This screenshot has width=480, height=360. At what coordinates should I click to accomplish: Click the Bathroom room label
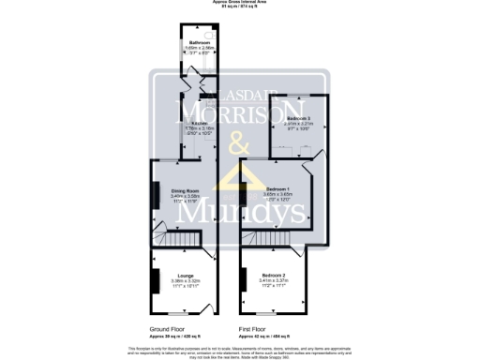[x=199, y=43]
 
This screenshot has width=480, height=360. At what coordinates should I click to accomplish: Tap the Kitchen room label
[x=199, y=123]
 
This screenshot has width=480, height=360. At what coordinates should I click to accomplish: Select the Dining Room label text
[x=185, y=191]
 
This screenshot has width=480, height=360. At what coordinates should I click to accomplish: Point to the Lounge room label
[x=185, y=275]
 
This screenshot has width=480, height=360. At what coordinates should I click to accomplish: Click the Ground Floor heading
[x=172, y=329]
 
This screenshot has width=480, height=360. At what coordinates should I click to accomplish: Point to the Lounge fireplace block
[x=156, y=281]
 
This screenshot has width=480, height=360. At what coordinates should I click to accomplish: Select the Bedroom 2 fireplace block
[x=244, y=279]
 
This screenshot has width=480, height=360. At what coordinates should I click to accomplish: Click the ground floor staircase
[x=169, y=240]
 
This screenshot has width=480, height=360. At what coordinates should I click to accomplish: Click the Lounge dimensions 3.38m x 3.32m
[x=185, y=280]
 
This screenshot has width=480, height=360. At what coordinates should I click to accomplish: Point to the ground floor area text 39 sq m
[x=172, y=336]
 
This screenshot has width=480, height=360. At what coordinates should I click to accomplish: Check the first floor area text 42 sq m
[x=261, y=336]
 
